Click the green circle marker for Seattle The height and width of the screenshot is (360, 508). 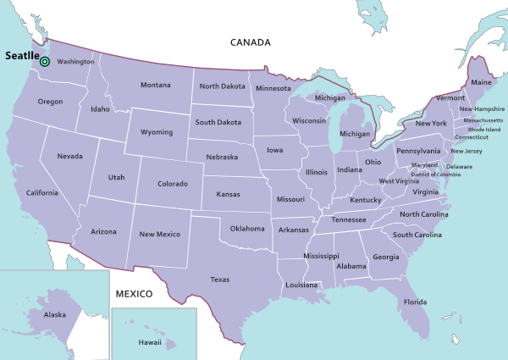(45, 61)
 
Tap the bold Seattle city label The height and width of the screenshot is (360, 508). (21, 55)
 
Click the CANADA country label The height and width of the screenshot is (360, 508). (251, 42)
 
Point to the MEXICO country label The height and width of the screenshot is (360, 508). (133, 294)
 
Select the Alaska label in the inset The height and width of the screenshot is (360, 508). (55, 315)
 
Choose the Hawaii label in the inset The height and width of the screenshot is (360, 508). (150, 342)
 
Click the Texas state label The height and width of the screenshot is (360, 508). (219, 279)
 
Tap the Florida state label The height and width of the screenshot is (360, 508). (415, 302)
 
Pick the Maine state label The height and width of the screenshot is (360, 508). (481, 82)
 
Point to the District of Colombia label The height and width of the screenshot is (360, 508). (436, 174)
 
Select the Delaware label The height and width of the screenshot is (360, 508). (459, 166)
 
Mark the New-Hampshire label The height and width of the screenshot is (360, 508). (482, 109)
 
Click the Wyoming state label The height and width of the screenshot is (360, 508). (157, 132)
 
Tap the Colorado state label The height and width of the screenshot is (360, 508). (173, 183)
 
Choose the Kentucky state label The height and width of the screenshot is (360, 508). (366, 200)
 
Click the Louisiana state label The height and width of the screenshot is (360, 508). (301, 285)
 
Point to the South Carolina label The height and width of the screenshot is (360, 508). (417, 235)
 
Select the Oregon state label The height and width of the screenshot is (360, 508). (50, 102)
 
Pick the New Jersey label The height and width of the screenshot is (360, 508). (467, 151)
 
